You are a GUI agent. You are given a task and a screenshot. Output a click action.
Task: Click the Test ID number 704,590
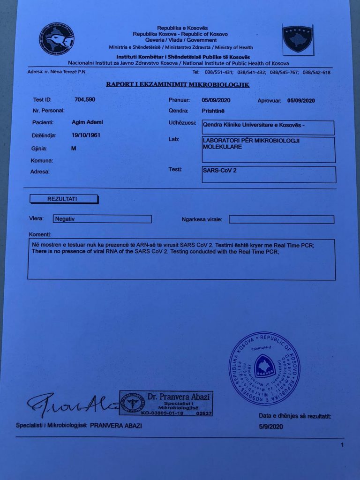(x=85, y=99)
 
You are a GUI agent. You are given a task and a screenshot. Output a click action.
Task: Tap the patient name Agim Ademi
(x=87, y=122)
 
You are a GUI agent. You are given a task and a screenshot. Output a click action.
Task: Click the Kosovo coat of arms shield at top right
(x=297, y=39)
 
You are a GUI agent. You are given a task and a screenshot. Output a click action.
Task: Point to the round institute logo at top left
(x=56, y=39)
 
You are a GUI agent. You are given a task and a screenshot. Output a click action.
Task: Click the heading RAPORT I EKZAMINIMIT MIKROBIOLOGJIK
(x=178, y=85)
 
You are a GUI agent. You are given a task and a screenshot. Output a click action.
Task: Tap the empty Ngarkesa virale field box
(x=281, y=219)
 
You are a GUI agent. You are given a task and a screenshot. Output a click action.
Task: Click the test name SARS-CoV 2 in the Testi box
(x=219, y=170)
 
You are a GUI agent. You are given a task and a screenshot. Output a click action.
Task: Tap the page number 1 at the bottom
(x=342, y=444)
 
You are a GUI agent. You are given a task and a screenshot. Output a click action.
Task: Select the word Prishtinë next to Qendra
(x=213, y=111)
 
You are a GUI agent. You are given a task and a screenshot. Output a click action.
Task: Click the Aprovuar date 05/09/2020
(x=301, y=100)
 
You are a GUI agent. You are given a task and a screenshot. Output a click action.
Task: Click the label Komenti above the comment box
(x=40, y=234)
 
